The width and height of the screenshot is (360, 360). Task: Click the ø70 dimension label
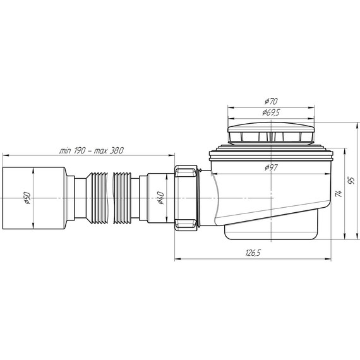pyautogui.click(x=271, y=101)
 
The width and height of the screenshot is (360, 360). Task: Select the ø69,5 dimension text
pyautogui.click(x=271, y=112)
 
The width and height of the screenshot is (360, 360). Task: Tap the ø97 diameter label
pyautogui.click(x=271, y=167)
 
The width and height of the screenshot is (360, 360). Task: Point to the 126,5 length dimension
pyautogui.click(x=253, y=253)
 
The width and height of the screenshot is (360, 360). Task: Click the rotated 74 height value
pyautogui.click(x=339, y=193)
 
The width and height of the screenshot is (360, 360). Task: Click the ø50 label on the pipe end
pyautogui.click(x=27, y=198)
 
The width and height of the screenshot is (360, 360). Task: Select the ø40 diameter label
pyautogui.click(x=160, y=198)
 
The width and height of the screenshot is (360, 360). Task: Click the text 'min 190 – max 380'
pyautogui.click(x=92, y=150)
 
